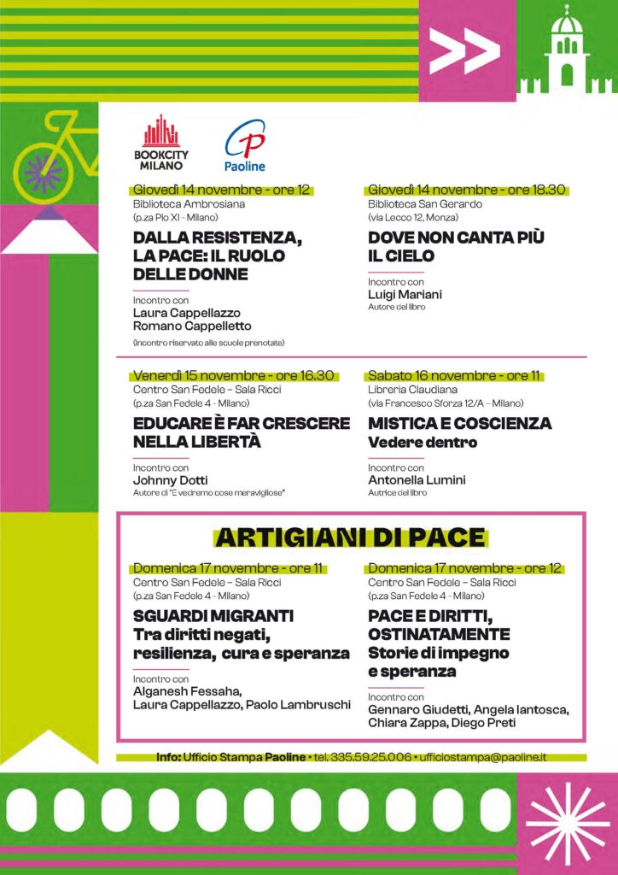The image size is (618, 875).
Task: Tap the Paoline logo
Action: point(245,146)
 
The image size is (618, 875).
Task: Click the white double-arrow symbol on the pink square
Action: point(464,52)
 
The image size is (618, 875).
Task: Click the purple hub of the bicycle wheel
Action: point(42,171)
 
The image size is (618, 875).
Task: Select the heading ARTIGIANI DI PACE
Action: point(350,537)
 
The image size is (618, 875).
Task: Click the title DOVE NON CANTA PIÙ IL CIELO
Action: point(456,246)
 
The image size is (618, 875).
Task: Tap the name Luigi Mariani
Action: point(405,295)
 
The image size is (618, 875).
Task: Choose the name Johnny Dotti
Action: point(170,480)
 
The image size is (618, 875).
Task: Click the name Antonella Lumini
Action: point(417,480)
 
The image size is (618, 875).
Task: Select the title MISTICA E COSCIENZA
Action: point(459,424)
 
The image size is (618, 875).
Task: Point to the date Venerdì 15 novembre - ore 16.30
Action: point(235,376)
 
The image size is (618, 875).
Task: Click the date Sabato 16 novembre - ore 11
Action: point(455,376)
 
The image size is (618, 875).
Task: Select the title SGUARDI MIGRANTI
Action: point(213,616)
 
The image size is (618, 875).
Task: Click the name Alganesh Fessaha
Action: point(181,691)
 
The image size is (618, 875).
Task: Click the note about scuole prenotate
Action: point(208,343)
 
